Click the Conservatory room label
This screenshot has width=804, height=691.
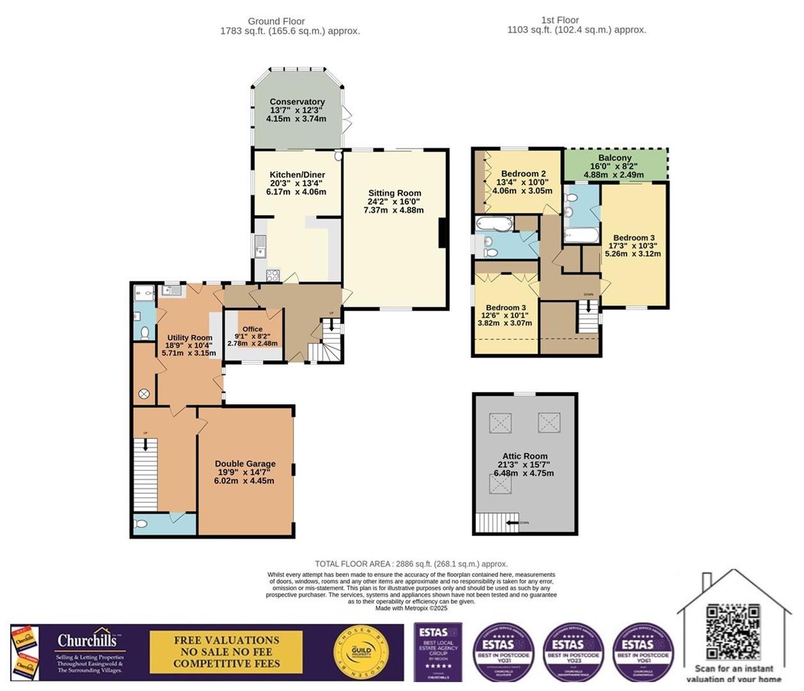[297, 102]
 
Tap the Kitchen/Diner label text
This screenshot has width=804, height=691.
[297, 175]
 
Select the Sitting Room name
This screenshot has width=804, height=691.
[395, 193]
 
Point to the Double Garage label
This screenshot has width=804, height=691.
[245, 464]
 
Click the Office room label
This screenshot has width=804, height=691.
[253, 329]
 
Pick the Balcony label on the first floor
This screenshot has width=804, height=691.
[615, 158]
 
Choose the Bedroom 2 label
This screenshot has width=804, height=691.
[523, 174]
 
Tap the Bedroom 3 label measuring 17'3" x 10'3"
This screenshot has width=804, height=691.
[634, 238]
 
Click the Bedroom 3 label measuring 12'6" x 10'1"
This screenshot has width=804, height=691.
[505, 308]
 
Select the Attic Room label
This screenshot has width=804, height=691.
[524, 456]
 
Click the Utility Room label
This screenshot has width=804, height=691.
[189, 338]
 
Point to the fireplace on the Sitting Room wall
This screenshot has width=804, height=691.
[441, 233]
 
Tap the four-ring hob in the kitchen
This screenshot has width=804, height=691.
[272, 276]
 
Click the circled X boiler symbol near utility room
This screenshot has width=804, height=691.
[144, 394]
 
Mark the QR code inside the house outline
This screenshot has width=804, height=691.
[733, 631]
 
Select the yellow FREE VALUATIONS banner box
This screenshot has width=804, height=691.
[226, 652]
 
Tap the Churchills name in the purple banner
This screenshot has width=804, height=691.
[88, 640]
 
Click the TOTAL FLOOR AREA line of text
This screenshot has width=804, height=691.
[411, 564]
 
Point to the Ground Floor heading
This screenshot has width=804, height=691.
[276, 21]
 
